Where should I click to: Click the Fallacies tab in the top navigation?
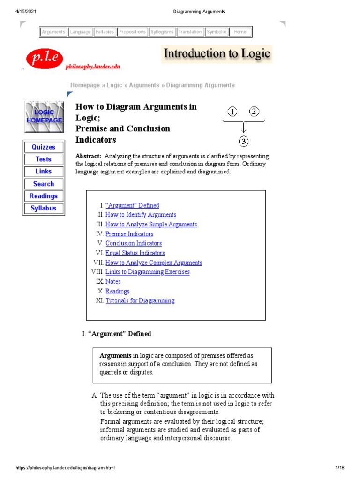pos(105,32)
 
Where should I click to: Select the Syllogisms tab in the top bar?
pos(162,32)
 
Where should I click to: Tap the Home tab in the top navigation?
pos(240,32)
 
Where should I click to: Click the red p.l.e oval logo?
pos(44,58)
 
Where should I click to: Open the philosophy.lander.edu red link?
pos(93,67)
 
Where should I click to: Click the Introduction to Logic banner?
pos(217,54)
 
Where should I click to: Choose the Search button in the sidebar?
pos(44,184)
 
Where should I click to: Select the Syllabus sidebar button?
pos(44,208)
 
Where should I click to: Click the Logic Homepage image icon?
pos(44,116)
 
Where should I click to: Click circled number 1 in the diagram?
pos(232,112)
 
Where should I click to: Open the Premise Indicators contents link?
pos(129,234)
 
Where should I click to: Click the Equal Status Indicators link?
pos(135,253)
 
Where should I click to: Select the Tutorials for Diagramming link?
pos(140,300)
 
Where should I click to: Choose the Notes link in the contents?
pos(113,282)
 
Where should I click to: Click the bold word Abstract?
pos(89,156)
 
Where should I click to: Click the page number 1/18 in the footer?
pos(340,468)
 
